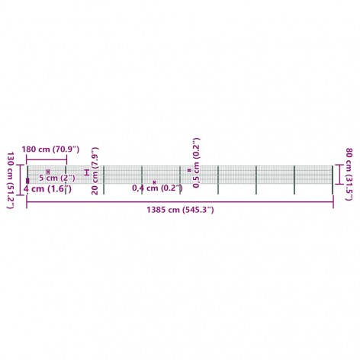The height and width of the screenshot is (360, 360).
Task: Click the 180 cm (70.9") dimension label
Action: click(x=50, y=149)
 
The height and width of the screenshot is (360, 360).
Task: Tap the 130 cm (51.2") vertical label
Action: click(x=11, y=181)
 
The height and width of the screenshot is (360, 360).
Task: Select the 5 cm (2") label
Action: click(x=57, y=178)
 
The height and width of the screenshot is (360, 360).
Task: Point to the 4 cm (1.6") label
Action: click(x=47, y=189)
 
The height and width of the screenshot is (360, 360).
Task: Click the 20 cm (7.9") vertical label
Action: click(x=95, y=171)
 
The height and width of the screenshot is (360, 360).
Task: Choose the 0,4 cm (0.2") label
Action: click(x=157, y=188)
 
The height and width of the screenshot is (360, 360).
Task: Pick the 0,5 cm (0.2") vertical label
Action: click(x=196, y=162)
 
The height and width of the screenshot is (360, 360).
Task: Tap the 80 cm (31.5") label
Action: click(x=349, y=174)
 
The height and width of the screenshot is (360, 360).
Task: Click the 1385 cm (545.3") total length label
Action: click(x=180, y=210)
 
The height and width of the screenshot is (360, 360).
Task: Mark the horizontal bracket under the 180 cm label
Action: click(x=47, y=160)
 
